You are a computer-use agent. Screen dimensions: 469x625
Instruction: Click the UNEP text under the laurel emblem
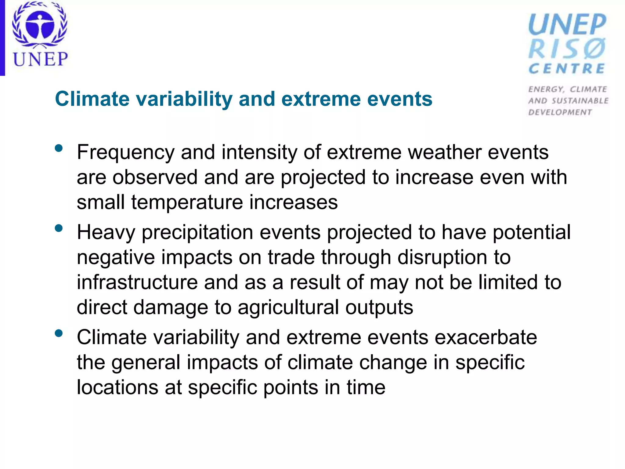[40, 59]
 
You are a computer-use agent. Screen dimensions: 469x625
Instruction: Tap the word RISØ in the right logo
[567, 49]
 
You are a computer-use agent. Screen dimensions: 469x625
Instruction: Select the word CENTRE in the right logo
[567, 69]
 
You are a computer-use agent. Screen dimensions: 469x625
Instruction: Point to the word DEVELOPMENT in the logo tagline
[560, 112]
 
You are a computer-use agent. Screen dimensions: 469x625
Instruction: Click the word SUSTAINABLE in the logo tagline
[580, 101]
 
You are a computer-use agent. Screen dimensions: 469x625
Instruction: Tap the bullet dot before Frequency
[59, 149]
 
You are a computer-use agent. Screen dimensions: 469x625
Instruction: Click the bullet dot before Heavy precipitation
[59, 228]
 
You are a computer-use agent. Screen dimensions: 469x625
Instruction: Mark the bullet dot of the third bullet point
[59, 333]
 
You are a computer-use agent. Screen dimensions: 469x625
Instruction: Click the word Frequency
[125, 152]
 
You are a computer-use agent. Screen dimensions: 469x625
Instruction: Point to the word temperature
[187, 202]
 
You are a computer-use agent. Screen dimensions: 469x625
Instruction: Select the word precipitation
[197, 233]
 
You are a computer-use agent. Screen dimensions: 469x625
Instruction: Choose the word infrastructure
[137, 282]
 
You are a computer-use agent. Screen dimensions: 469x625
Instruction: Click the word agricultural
[288, 307]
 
